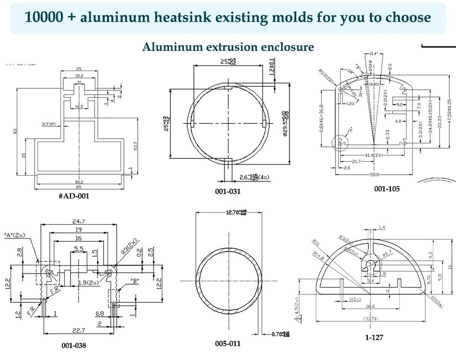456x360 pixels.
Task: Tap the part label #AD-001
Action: coord(73,196)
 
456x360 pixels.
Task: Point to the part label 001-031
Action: coord(228,192)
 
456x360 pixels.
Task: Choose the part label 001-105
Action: coord(387,189)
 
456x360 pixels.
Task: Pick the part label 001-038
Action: coord(73,345)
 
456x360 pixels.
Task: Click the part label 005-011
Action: coord(228,344)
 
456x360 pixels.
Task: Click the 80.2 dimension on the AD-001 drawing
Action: coord(79,182)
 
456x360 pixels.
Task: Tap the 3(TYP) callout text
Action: coord(49,124)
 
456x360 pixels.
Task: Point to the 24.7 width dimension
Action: coord(79,221)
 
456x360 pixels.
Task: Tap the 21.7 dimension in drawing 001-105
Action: coord(356,162)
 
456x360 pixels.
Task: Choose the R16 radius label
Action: coord(315,242)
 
